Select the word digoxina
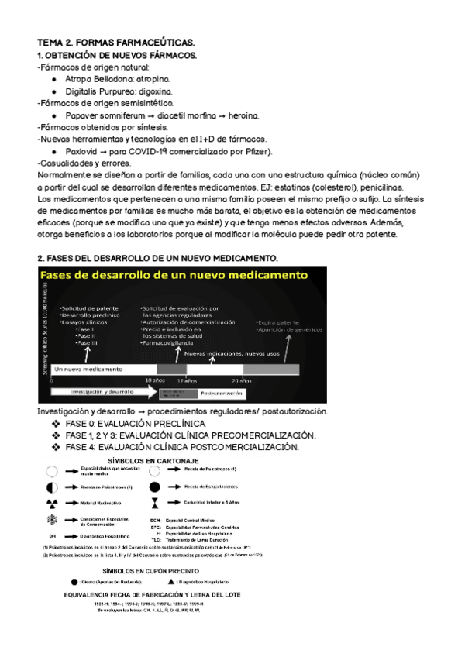162,91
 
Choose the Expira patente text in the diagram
280,320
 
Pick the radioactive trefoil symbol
52,503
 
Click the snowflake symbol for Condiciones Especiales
52,519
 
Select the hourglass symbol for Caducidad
154,503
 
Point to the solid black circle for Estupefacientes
154,487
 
